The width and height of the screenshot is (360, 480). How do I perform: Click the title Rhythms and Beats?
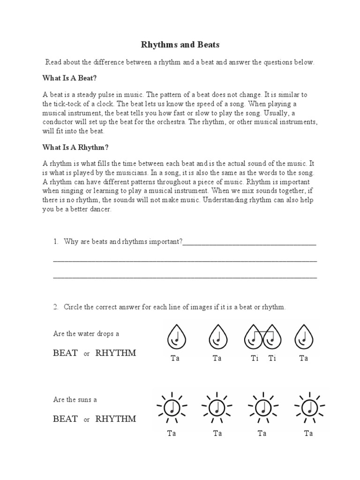tap(180, 45)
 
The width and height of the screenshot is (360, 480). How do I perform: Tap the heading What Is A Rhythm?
tap(75, 147)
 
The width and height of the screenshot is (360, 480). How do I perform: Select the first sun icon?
tap(172, 405)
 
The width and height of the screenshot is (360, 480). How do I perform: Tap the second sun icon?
tap(217, 405)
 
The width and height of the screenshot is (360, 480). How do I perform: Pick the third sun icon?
tap(262, 405)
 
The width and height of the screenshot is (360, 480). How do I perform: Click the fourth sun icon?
tap(308, 405)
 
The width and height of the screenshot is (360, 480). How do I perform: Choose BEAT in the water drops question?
tap(66, 353)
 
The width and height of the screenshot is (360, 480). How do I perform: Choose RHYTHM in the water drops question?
tap(116, 353)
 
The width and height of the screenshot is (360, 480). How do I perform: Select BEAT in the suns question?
tap(66, 419)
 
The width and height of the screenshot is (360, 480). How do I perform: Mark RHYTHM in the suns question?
tap(116, 419)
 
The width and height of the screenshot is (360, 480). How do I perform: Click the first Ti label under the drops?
tap(255, 359)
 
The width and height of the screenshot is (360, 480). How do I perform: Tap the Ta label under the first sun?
tap(172, 434)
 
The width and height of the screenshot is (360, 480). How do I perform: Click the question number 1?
tap(56, 242)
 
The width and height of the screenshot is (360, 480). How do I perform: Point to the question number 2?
tap(56, 307)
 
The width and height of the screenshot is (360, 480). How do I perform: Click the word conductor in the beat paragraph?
tap(57, 122)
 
